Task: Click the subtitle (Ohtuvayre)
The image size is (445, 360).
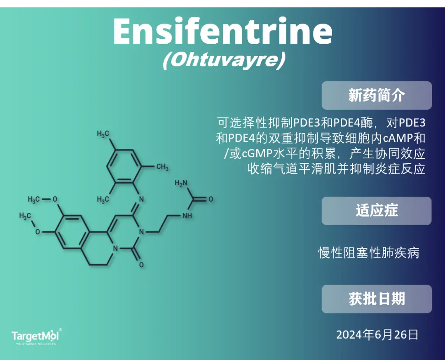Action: [224, 60]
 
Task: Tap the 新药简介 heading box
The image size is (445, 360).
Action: [377, 96]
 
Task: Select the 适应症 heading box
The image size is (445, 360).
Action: [377, 211]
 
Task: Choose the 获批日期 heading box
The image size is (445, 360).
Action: [377, 299]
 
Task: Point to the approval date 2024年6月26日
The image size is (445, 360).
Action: [377, 335]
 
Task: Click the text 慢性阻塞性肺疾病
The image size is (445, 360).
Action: [369, 253]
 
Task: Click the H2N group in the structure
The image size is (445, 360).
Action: [181, 183]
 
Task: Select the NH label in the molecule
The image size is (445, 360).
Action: [187, 216]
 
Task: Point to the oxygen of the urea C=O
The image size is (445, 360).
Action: [211, 199]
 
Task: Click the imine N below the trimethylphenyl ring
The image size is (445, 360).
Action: [141, 200]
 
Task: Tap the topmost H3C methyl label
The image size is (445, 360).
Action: [103, 134]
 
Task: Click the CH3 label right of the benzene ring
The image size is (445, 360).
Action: [163, 167]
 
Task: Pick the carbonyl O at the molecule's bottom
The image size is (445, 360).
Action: [141, 265]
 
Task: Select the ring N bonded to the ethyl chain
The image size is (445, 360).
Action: [141, 232]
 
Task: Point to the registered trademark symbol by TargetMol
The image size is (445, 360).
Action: [60, 330]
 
